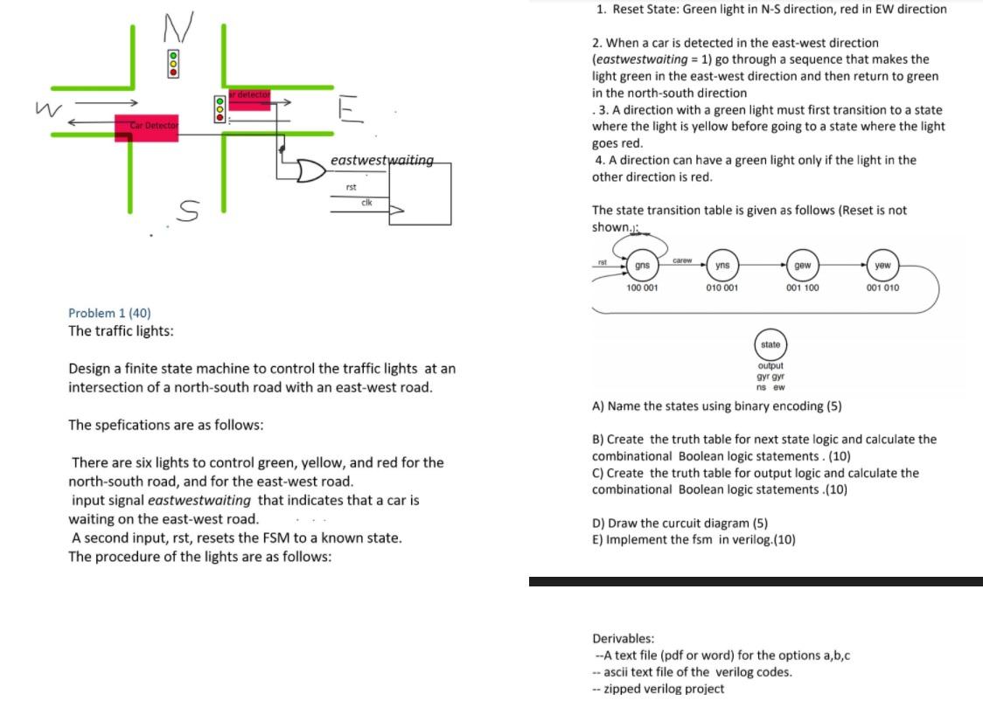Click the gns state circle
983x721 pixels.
coord(642,266)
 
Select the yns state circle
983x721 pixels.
coord(722,266)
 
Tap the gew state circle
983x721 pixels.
coord(802,266)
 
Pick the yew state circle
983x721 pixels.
coord(882,266)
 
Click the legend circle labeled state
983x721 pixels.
coord(770,344)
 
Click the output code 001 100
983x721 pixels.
coord(802,288)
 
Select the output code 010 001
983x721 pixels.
coord(722,288)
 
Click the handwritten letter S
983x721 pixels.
coord(190,210)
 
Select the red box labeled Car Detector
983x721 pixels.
coord(147,128)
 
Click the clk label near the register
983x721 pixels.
coord(366,202)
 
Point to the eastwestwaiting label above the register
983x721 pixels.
coord(382,160)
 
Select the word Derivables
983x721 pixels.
coord(623,638)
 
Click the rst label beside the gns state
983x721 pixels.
coord(602,260)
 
